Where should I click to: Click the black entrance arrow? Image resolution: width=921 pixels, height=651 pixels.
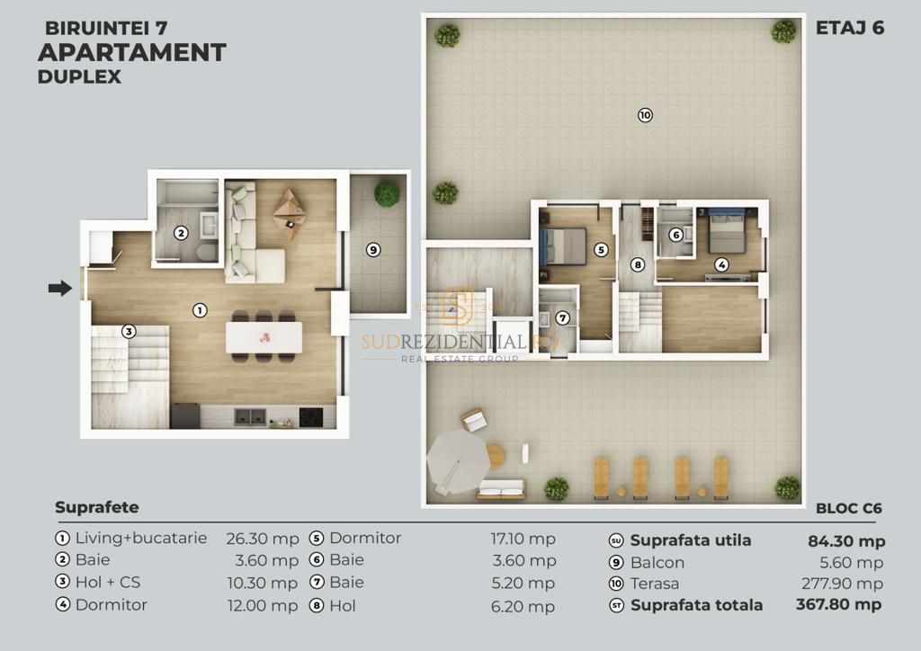59,289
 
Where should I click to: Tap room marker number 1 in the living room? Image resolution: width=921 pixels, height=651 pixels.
200,309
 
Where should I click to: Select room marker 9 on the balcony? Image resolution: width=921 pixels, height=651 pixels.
373,250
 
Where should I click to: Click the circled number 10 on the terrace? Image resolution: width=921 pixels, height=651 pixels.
644,115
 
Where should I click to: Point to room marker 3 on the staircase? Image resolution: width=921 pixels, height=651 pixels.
129,331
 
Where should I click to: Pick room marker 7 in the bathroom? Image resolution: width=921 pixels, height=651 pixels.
562,317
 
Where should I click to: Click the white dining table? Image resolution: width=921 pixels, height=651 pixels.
264,338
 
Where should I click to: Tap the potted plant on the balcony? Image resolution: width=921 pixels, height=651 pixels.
387,193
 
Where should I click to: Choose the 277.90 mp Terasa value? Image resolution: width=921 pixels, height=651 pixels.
842,584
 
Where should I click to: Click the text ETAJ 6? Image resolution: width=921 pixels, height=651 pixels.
849,28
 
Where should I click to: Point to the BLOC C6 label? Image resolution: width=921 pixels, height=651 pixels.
848,508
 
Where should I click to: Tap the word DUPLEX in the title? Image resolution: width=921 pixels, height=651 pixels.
79,76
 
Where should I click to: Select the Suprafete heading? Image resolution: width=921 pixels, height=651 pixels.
97,507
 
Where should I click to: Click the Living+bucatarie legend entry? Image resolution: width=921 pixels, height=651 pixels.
140,539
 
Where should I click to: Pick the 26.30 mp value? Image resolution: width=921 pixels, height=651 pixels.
262,540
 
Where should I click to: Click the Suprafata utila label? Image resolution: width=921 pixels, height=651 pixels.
690,540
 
